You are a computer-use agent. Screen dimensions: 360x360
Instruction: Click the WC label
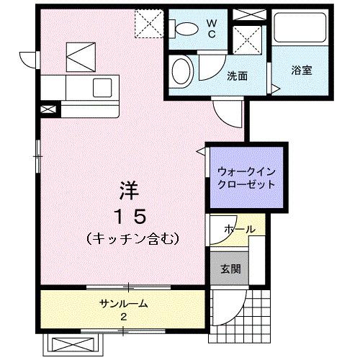coord(212,27)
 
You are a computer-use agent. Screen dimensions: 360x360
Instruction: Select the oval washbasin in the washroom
coord(182,72)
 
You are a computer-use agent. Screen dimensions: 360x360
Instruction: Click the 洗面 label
coord(238,75)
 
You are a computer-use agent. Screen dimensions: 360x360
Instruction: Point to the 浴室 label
coord(301,71)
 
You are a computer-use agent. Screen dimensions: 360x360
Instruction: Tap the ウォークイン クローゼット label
coord(246,177)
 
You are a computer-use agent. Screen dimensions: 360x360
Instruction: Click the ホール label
coord(239,229)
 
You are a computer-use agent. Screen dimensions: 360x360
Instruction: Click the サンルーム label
coord(123,303)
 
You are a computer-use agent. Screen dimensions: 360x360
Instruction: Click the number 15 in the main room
coord(130,215)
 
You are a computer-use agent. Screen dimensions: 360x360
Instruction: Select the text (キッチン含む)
coord(130,237)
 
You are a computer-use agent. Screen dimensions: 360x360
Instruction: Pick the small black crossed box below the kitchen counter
coord(48,109)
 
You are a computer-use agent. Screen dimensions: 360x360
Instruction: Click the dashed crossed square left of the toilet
coord(151,23)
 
